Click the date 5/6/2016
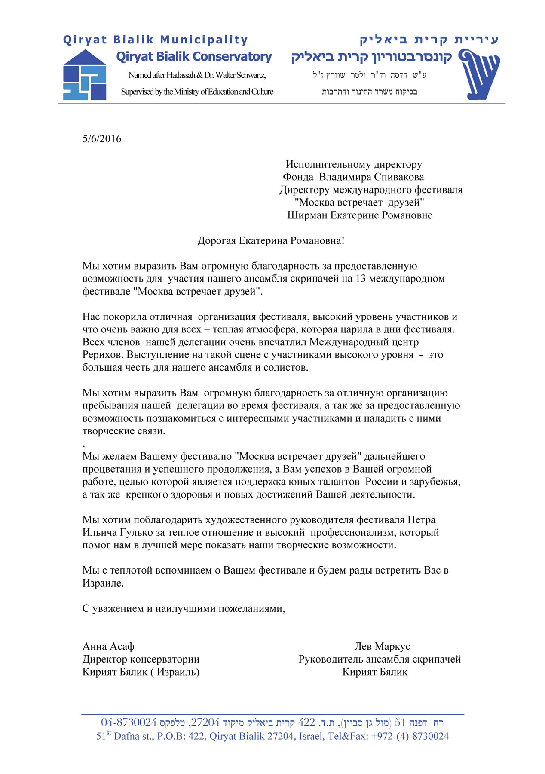(x=102, y=139)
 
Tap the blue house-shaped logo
(x=85, y=75)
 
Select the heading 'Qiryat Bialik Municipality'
(x=155, y=40)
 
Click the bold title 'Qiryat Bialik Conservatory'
(x=194, y=57)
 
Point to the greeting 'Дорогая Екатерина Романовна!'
(x=271, y=241)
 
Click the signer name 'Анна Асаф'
(x=108, y=647)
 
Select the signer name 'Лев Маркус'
(x=382, y=647)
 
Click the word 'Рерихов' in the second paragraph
(x=103, y=355)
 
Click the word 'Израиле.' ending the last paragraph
(x=103, y=584)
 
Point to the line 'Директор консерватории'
(x=141, y=660)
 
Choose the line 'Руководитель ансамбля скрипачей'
(x=380, y=660)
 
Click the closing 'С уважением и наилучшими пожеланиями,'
(x=184, y=609)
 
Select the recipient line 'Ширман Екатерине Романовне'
(x=360, y=215)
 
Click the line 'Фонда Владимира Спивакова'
(x=353, y=177)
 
